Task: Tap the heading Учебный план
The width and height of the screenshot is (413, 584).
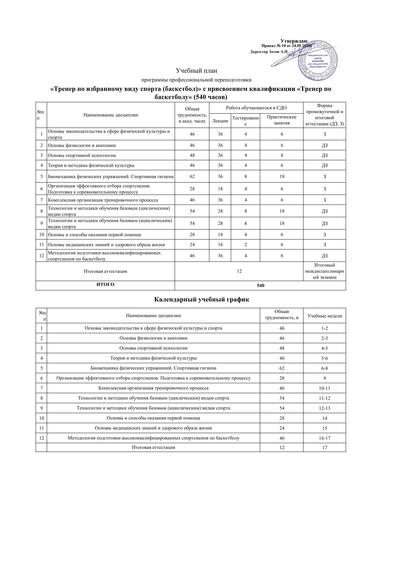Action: pyautogui.click(x=197, y=70)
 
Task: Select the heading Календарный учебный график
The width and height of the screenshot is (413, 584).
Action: pyautogui.click(x=202, y=299)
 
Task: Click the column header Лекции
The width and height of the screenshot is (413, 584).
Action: pyautogui.click(x=220, y=121)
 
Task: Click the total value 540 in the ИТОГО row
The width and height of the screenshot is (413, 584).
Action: pyautogui.click(x=260, y=285)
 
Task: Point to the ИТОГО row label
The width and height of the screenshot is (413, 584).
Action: pyautogui.click(x=105, y=284)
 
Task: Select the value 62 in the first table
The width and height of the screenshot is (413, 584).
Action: pyautogui.click(x=192, y=176)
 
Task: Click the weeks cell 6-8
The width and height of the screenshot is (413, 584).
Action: pyautogui.click(x=325, y=368)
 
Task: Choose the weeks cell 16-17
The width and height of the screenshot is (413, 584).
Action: pyautogui.click(x=325, y=438)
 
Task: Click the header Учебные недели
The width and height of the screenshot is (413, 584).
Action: pyautogui.click(x=325, y=316)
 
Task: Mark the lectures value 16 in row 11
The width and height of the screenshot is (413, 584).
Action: pyautogui.click(x=220, y=245)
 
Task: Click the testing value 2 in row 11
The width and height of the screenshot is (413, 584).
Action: pyautogui.click(x=245, y=245)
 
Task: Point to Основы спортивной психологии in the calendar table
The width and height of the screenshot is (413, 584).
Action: pyautogui.click(x=153, y=348)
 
